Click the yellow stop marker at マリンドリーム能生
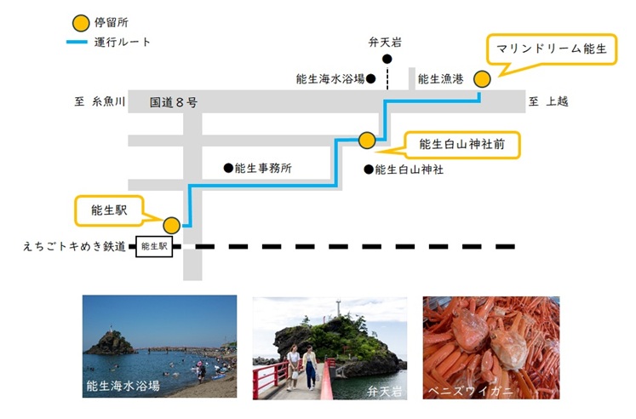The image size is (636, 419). (482, 79)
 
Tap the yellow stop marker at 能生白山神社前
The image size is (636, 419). (367, 141)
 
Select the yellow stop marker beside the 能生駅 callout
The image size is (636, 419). (172, 225)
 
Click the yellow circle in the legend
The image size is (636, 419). (81, 23)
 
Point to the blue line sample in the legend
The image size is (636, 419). (77, 42)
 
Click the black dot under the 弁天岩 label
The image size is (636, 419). (387, 60)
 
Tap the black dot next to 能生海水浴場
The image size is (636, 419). (370, 78)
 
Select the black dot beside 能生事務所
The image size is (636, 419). (228, 168)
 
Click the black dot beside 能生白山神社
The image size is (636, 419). (369, 169)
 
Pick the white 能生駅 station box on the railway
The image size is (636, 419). (154, 246)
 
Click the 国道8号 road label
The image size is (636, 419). (174, 102)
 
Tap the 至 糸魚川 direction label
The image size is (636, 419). (100, 101)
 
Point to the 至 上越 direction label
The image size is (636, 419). (548, 101)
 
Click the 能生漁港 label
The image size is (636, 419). (440, 78)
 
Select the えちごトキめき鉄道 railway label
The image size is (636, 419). (74, 246)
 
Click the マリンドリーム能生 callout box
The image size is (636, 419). (552, 49)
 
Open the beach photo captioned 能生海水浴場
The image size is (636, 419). (159, 346)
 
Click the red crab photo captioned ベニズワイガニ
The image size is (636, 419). (491, 347)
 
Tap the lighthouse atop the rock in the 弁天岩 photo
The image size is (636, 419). (338, 308)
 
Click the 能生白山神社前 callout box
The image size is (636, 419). (462, 145)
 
